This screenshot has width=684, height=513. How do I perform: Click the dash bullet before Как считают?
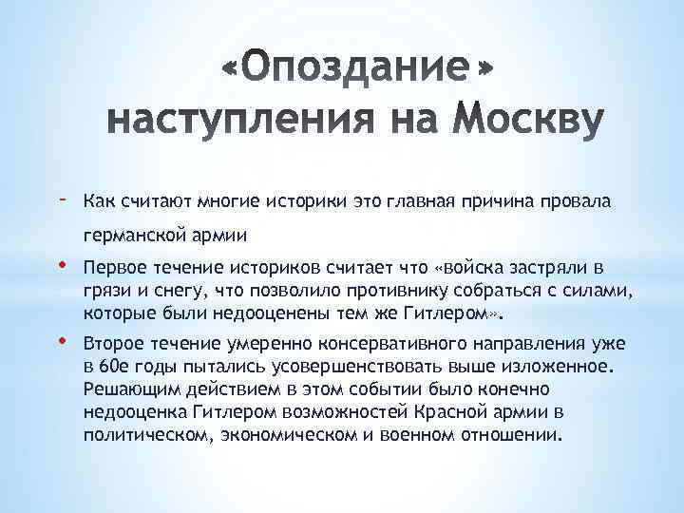pyautogui.click(x=62, y=198)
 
